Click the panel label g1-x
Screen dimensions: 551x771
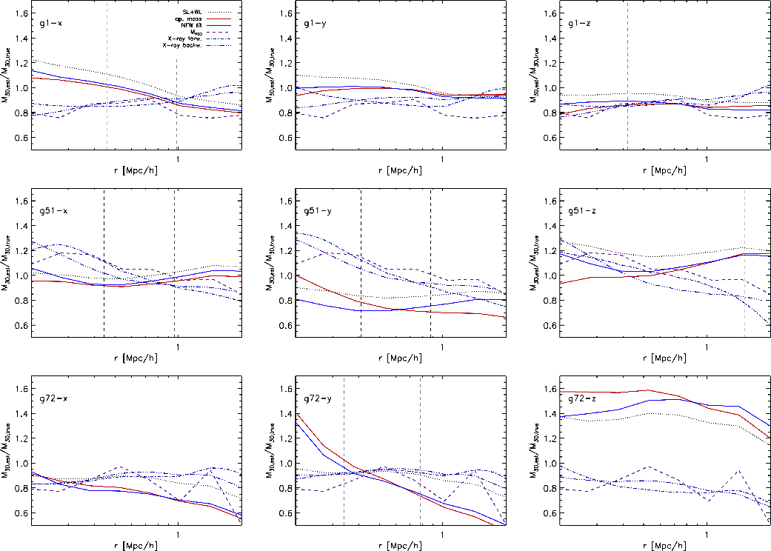[x=50, y=23]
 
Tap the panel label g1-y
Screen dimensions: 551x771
[x=314, y=23]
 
